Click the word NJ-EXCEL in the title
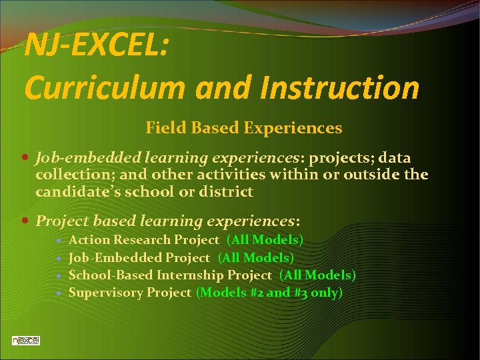[95, 47]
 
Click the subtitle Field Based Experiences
[243, 127]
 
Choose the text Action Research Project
[143, 239]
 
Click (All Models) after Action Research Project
[265, 239]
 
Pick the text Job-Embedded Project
[139, 257]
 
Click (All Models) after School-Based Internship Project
[317, 275]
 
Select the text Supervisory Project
[129, 292]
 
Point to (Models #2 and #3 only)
[269, 292]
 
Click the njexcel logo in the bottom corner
[26, 340]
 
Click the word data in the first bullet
[395, 157]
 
